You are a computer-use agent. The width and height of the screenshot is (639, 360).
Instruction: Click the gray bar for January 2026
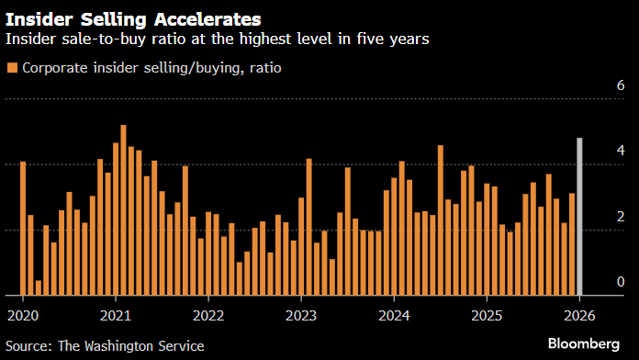[x=579, y=217]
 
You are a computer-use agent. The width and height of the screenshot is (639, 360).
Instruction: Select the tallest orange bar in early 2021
[x=124, y=210]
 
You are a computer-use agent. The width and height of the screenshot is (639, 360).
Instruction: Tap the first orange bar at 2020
[x=23, y=229]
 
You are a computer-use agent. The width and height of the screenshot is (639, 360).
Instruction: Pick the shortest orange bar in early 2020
[x=39, y=287]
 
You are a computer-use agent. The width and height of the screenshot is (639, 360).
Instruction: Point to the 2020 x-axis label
[x=22, y=314]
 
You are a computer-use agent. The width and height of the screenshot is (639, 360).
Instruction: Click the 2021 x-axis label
[x=116, y=314]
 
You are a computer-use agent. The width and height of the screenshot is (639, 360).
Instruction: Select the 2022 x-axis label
[x=208, y=314]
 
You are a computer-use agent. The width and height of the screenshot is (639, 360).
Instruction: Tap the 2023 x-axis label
[x=301, y=314]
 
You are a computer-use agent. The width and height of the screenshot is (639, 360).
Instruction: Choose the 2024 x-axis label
[x=394, y=314]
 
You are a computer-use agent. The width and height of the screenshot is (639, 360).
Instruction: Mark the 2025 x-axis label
[x=487, y=314]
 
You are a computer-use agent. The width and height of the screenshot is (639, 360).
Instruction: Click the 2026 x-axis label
[x=579, y=314]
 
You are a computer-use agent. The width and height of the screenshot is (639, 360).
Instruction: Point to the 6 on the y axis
[x=621, y=85]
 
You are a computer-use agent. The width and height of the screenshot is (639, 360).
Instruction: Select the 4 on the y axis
[x=621, y=151]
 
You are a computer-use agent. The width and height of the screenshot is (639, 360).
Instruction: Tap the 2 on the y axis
[x=621, y=217]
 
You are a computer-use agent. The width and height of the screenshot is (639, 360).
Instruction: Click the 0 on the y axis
[x=621, y=282]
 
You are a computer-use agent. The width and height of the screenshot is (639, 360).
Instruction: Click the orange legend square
[x=11, y=68]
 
